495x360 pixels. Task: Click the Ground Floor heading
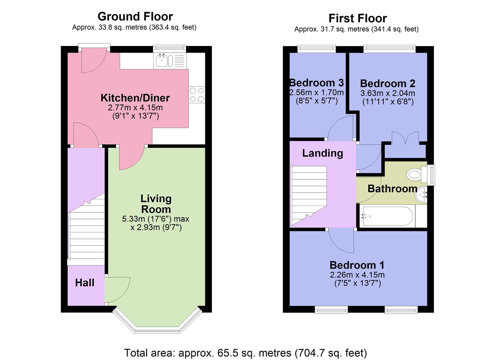(135, 16)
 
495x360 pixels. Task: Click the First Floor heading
(357, 18)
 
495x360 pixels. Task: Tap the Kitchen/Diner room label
(135, 98)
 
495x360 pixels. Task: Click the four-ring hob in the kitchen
(197, 95)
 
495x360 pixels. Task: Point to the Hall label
(85, 283)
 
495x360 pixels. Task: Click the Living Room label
(156, 204)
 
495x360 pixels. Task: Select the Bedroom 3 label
(316, 82)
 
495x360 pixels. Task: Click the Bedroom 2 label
(388, 83)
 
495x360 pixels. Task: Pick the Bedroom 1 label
(357, 265)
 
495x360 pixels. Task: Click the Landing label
(322, 153)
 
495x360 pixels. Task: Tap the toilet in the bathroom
(415, 174)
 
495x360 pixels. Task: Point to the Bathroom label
(392, 189)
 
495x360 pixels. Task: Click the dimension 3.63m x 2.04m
(388, 93)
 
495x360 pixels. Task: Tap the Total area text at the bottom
(245, 353)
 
